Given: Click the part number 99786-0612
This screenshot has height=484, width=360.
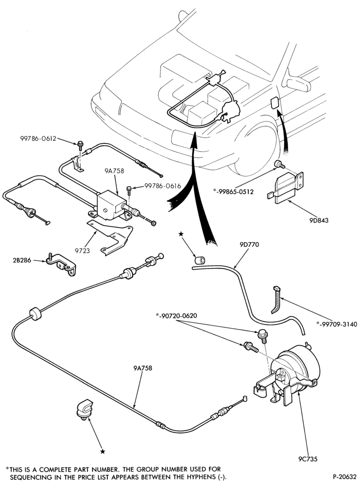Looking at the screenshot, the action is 38,138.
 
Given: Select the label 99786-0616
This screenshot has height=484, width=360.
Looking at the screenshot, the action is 163,186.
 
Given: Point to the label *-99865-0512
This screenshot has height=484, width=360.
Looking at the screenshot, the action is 233,192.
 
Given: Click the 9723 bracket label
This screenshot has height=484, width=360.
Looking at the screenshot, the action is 82,251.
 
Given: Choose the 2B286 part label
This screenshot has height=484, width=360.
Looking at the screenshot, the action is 22,260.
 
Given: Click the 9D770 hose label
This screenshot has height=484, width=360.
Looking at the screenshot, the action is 249,244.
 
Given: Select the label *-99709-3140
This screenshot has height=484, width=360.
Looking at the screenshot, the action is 337,324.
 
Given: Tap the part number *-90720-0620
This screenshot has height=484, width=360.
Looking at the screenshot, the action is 177,316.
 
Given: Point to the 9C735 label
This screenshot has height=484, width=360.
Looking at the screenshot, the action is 308,459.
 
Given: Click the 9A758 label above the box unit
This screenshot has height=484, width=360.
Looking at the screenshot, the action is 115,170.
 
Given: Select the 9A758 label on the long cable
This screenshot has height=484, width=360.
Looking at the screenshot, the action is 143,368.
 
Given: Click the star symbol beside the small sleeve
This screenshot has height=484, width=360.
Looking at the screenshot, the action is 181,235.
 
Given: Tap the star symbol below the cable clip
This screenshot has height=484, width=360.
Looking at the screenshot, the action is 103,452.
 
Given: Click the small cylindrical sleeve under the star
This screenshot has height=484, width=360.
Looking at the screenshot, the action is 200,260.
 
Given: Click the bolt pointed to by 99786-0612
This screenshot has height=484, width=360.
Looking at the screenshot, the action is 80,144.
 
